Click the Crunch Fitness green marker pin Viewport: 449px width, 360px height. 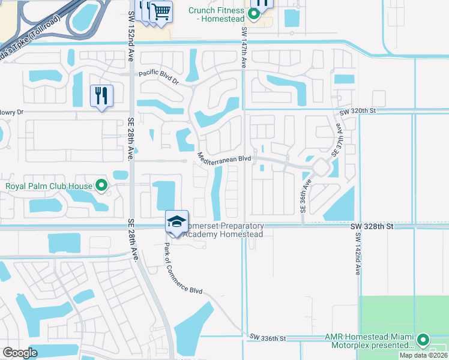pyautogui.click(x=255, y=14)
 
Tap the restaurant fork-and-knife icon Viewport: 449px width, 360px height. pyautogui.click(x=101, y=95)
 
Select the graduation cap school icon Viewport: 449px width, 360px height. pyautogui.click(x=176, y=221)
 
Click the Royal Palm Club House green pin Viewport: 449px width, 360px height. pyautogui.click(x=101, y=185)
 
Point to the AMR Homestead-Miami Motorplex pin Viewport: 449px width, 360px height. pyautogui.click(x=423, y=340)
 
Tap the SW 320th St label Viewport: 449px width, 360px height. pyautogui.click(x=357, y=111)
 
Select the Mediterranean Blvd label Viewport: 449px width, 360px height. pyautogui.click(x=224, y=158)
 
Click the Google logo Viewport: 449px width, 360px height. pyautogui.click(x=20, y=353)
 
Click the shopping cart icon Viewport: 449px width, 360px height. pyautogui.click(x=161, y=11)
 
